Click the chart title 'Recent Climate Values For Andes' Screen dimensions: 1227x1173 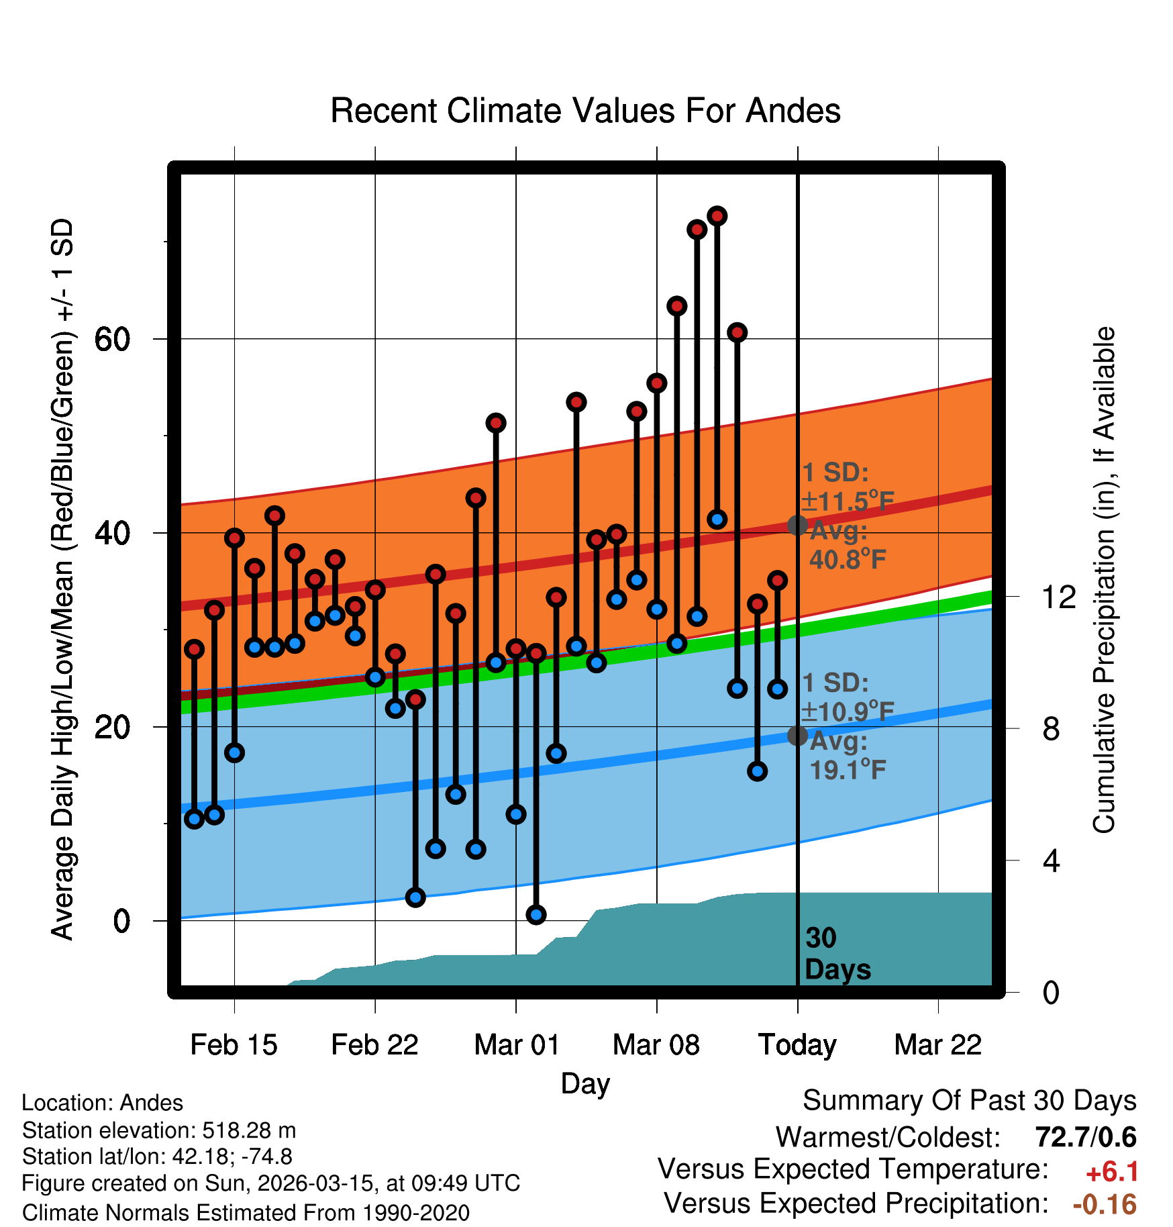coord(585,111)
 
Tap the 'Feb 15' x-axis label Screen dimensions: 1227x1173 coord(234,1044)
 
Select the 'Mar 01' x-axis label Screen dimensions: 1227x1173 coord(516,1044)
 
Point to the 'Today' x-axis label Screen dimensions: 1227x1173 coord(797,1044)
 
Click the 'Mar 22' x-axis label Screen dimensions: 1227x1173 coord(937,1044)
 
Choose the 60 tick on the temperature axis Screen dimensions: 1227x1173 coord(113,340)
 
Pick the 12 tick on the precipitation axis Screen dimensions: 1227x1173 coord(1058,597)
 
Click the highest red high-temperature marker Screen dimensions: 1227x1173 coord(717,216)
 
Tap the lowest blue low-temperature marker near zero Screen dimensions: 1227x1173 coord(536,914)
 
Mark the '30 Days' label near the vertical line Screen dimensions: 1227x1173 coord(837,954)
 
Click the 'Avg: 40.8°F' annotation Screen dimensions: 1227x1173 coord(847,545)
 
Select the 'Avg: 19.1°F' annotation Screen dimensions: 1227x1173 coord(847,755)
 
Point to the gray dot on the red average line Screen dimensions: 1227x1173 coord(797,525)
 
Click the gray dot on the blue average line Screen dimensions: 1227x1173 coord(797,736)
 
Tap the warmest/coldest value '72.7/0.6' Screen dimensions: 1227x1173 coord(1085,1137)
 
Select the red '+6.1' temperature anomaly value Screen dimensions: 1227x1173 coord(1112,1172)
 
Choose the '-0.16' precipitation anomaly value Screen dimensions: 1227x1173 coord(1105,1204)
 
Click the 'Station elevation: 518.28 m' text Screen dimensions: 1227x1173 coord(159,1130)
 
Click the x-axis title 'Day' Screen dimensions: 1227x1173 coord(585,1083)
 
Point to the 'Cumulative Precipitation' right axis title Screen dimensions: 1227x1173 coord(1104,580)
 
